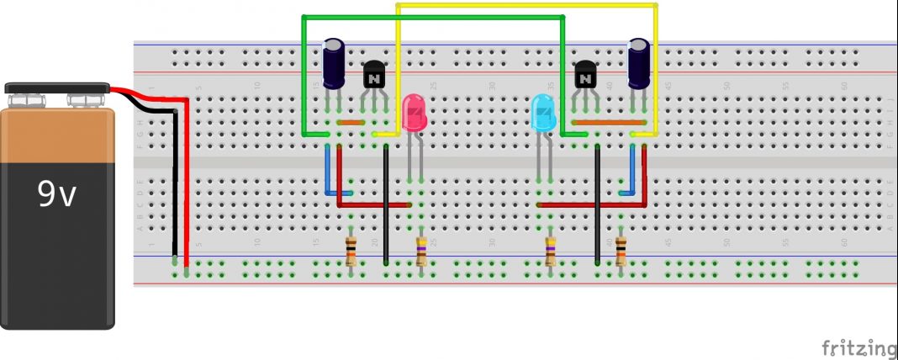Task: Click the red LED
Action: [415, 114]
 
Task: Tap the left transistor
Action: [373, 77]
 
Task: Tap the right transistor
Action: [585, 77]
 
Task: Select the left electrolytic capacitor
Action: [334, 64]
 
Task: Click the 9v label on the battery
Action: [57, 195]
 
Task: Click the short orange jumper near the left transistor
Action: [351, 123]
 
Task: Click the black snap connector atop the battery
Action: [57, 87]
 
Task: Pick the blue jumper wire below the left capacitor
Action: [328, 172]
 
